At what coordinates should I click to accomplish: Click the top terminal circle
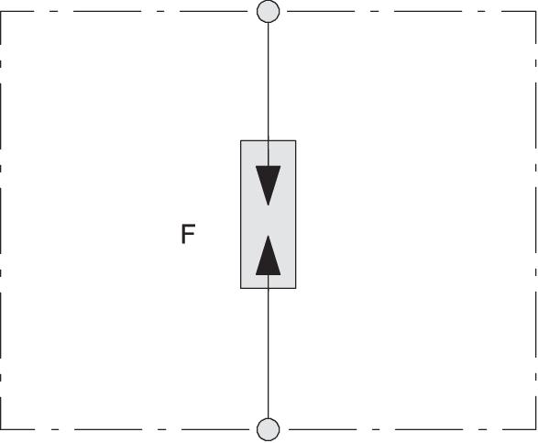click(268, 11)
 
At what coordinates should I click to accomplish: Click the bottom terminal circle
click(268, 429)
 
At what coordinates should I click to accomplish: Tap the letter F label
click(188, 234)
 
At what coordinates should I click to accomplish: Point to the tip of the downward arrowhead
click(268, 205)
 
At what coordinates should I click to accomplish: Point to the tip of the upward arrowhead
click(268, 235)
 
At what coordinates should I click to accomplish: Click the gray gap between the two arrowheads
click(268, 220)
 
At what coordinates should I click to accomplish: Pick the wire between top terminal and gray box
click(268, 82)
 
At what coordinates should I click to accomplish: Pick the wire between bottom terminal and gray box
click(268, 353)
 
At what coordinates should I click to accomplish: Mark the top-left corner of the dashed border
click(1, 11)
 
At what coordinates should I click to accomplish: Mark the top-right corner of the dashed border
click(535, 11)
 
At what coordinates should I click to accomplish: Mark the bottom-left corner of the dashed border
click(1, 429)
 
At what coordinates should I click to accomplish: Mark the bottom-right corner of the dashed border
click(535, 429)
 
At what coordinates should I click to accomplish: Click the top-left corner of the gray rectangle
click(240, 140)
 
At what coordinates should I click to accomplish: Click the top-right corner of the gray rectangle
click(296, 140)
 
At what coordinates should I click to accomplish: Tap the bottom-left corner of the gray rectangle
click(240, 288)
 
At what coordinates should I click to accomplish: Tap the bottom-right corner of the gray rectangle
click(296, 288)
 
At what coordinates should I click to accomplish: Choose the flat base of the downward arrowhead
click(268, 166)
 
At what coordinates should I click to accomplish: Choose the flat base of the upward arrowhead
click(268, 275)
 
